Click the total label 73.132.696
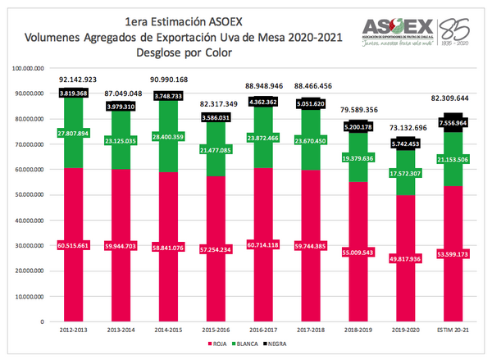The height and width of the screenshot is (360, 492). click(396, 128)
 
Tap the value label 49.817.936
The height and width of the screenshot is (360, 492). click(396, 257)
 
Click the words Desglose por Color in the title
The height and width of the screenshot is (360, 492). click(185, 52)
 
